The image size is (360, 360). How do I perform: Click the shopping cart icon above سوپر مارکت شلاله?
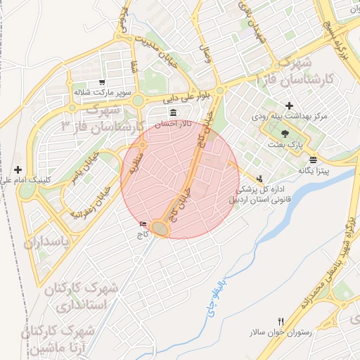click(103, 82)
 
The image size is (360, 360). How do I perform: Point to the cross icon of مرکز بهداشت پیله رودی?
click(289, 105)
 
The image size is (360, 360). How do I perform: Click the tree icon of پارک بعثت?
click(284, 134)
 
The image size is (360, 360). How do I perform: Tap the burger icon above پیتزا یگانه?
click(313, 159)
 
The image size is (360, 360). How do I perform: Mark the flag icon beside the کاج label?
click(143, 224)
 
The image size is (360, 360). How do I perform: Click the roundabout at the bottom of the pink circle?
click(162, 229)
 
